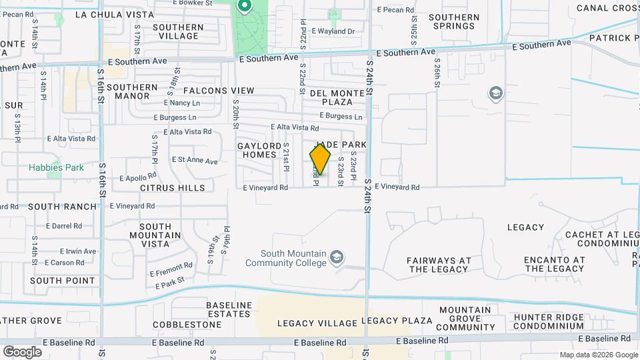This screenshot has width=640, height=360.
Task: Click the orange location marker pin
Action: pos(320,159)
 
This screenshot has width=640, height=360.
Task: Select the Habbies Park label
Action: pos(56,167)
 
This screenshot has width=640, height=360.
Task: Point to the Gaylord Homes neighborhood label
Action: pos(257,150)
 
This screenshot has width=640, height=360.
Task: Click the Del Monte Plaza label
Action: pos(337,97)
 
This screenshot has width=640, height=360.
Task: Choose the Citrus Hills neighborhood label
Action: pos(173,188)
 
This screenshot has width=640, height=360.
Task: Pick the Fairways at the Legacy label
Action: pos(439,265)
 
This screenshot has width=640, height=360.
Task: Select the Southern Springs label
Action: pos(454,22)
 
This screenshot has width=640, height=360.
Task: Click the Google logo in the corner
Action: pos(22,351)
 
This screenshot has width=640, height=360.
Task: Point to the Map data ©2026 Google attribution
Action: pos(598,355)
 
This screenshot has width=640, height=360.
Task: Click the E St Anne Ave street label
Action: pos(195,161)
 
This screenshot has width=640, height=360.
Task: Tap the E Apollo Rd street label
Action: pos(138,178)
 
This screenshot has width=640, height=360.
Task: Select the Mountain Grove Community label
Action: pos(465,319)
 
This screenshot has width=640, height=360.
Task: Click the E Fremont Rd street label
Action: pos(171,269)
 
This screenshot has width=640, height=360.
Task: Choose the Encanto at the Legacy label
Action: pos(554,265)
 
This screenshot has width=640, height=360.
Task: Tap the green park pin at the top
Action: pos(244,7)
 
